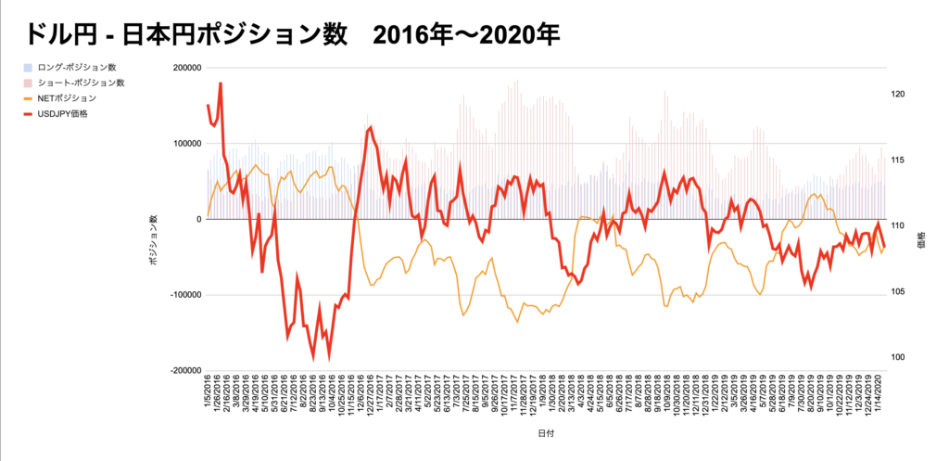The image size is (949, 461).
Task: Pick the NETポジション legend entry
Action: (66, 98)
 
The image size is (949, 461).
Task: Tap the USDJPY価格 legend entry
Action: (64, 114)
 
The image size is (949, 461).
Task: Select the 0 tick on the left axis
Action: (197, 220)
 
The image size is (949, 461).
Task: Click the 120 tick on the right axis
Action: (897, 96)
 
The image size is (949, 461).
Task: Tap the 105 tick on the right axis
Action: (897, 293)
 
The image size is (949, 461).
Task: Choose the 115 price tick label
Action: (897, 161)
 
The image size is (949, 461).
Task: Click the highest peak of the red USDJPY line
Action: (220, 83)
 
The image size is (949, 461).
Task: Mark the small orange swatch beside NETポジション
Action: (29, 98)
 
